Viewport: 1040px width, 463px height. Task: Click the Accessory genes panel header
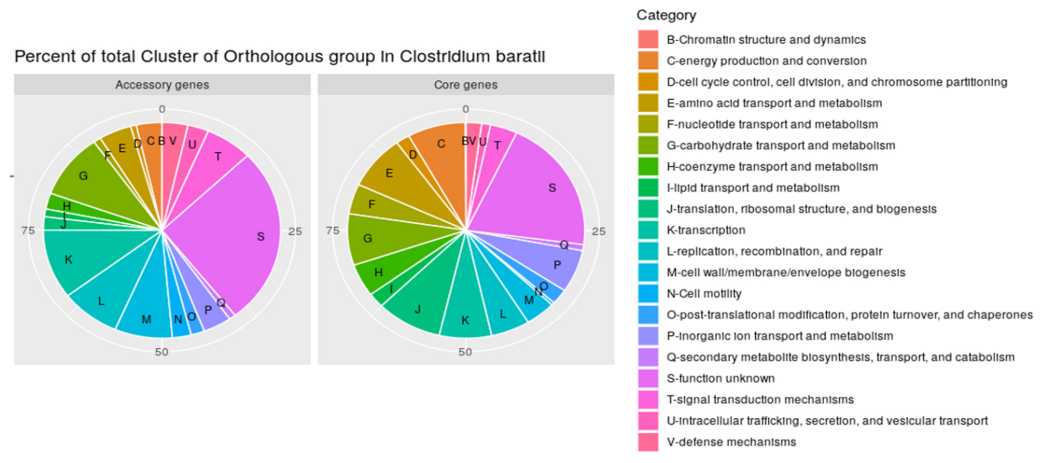tap(162, 85)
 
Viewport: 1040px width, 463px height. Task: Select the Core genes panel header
tap(466, 85)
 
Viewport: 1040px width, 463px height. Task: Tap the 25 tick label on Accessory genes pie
tap(295, 232)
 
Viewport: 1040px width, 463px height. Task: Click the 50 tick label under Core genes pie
tap(465, 352)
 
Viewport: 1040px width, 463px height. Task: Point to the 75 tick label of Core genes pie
tap(332, 230)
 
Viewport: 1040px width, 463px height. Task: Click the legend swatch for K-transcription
tap(648, 230)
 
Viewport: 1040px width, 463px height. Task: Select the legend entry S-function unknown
tap(720, 379)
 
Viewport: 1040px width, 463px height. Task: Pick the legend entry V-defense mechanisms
tap(731, 442)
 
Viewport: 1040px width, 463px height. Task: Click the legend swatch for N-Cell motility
tap(648, 294)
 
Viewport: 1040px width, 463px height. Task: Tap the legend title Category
tap(666, 15)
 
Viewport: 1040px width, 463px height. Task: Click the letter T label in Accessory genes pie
tap(218, 156)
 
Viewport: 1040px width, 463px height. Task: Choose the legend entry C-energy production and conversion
tap(766, 61)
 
